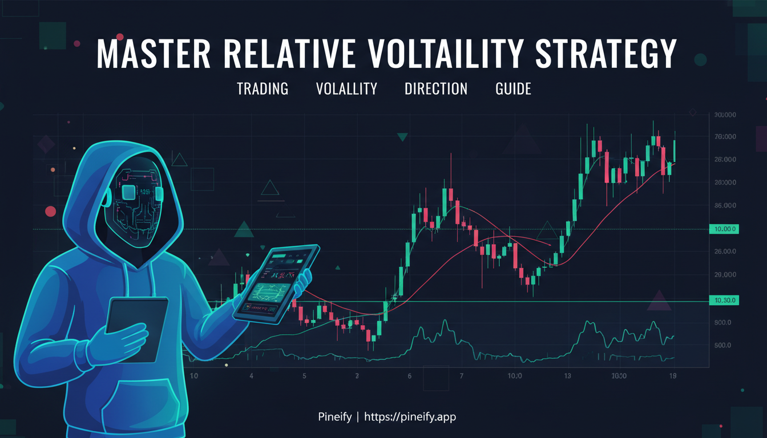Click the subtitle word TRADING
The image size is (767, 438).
pyautogui.click(x=263, y=89)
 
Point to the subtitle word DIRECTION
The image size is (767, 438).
pyautogui.click(x=435, y=89)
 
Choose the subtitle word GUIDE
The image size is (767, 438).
pyautogui.click(x=513, y=89)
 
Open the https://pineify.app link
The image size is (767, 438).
pyautogui.click(x=410, y=417)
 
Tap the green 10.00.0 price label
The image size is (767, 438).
pyautogui.click(x=722, y=229)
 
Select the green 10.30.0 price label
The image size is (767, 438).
pyautogui.click(x=722, y=300)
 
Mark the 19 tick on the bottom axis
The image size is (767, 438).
pyautogui.click(x=673, y=376)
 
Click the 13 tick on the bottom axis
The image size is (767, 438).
pyautogui.click(x=567, y=376)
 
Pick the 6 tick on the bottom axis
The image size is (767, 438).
pyautogui.click(x=410, y=376)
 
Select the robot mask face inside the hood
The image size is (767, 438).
pyautogui.click(x=135, y=200)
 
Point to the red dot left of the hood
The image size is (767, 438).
pyautogui.click(x=50, y=211)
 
